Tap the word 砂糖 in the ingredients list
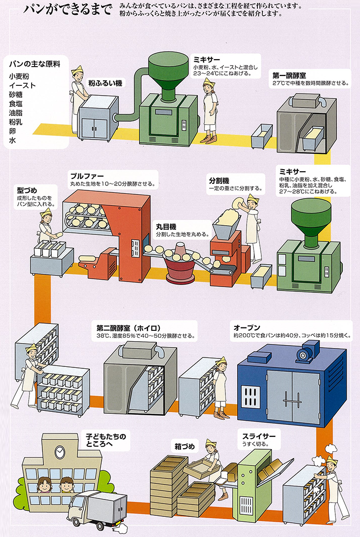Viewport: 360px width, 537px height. click(16, 95)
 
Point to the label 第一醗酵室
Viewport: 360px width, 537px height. click(289, 75)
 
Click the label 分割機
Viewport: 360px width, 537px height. click(218, 181)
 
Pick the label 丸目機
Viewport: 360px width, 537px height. click(166, 226)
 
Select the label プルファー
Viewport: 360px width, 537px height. click(86, 177)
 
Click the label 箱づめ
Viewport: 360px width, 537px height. click(185, 447)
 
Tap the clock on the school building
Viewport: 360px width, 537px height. click(60, 451)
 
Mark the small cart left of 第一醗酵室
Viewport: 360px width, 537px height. click(261, 136)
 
